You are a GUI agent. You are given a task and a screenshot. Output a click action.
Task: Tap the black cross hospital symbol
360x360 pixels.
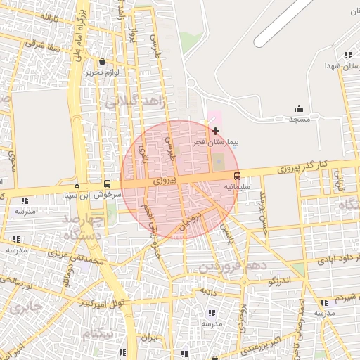pos(215,131)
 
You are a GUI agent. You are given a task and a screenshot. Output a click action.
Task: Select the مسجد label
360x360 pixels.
pos(300,120)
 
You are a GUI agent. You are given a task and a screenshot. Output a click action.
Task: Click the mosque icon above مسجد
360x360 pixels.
pos(300,108)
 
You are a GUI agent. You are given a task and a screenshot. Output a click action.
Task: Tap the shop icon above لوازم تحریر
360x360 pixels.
pos(103,62)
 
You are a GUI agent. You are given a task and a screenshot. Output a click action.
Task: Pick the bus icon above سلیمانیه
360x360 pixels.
pos(236,176)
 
